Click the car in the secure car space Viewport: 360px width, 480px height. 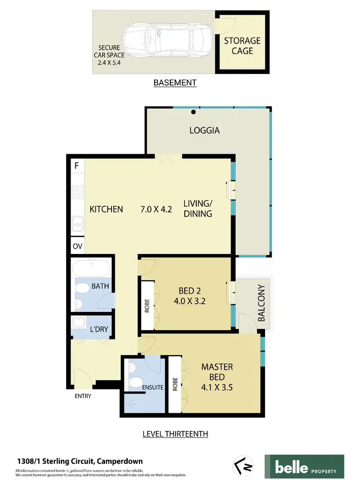pos(166,40)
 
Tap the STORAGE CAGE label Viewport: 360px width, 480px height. pos(242,45)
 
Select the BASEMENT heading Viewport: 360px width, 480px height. pos(175,83)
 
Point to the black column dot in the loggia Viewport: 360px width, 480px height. pos(193,113)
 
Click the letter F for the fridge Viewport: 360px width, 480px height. pos(76,166)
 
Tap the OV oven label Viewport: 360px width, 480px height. pos(77,247)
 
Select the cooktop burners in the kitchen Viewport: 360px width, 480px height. pos(77,193)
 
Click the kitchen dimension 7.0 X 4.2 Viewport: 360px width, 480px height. pos(156,209)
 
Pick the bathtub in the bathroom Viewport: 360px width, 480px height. pos(91,268)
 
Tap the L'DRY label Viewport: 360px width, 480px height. pos(99,330)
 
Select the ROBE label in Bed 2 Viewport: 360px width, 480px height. pos(147,306)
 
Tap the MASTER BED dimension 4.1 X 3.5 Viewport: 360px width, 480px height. pos(217,387)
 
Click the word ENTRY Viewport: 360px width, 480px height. pos(83,396)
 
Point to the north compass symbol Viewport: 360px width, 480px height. pos(242,465)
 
